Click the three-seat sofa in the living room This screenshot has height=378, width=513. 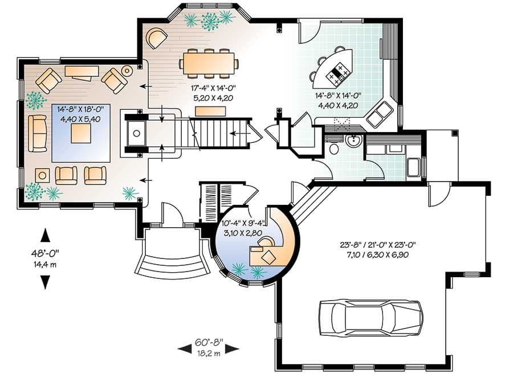click(x=38, y=133)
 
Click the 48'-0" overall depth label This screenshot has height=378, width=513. click(x=45, y=253)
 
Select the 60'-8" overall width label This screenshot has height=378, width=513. click(x=208, y=343)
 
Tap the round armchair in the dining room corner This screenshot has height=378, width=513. click(x=156, y=39)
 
